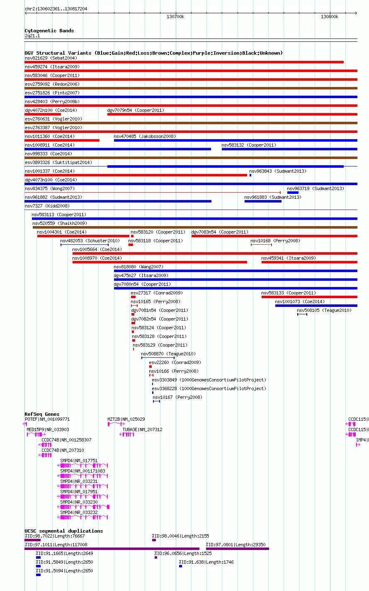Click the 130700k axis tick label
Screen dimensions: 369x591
coord(175,17)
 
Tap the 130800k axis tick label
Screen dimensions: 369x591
coord(329,17)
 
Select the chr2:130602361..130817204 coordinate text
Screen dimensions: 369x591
coord(56,9)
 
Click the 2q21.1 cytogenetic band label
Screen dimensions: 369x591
coord(32,36)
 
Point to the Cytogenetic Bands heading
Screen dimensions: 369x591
coord(49,31)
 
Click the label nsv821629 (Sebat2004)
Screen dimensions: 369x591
coord(51,58)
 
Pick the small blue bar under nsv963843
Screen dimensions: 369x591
coord(250,175)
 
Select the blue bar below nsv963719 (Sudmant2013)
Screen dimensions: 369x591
coord(293,193)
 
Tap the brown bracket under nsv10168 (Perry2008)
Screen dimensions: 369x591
coord(261,245)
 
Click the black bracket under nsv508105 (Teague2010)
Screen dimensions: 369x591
coord(302,314)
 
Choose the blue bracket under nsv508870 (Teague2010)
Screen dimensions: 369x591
coord(158,358)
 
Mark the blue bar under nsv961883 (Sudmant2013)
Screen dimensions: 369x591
coord(263,201)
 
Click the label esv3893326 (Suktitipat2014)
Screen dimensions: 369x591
coord(58,162)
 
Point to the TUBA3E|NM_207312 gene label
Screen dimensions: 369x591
coord(142,429)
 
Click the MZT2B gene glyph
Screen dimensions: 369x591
coord(116,424)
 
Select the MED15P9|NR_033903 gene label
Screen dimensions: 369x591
coord(48,429)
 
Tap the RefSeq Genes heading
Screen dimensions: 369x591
coord(42,414)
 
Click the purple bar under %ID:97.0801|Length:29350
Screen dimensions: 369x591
coord(238,549)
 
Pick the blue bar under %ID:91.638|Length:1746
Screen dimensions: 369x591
coord(180,566)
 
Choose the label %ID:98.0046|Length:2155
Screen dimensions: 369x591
coord(180,536)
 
